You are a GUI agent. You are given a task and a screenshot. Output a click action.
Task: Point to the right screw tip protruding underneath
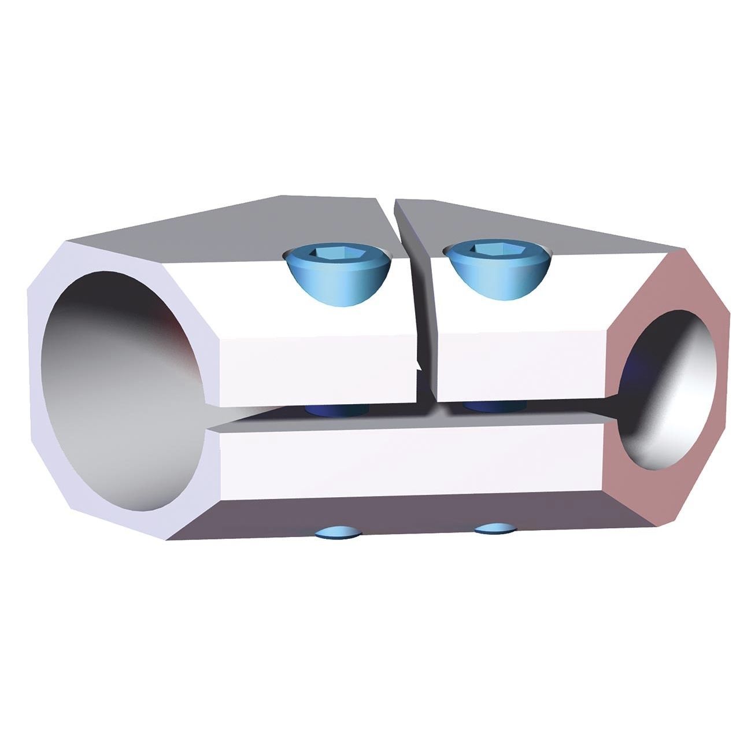[494, 528]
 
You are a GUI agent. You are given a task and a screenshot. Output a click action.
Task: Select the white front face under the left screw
[318, 370]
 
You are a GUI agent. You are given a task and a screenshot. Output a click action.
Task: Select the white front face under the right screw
[520, 367]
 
